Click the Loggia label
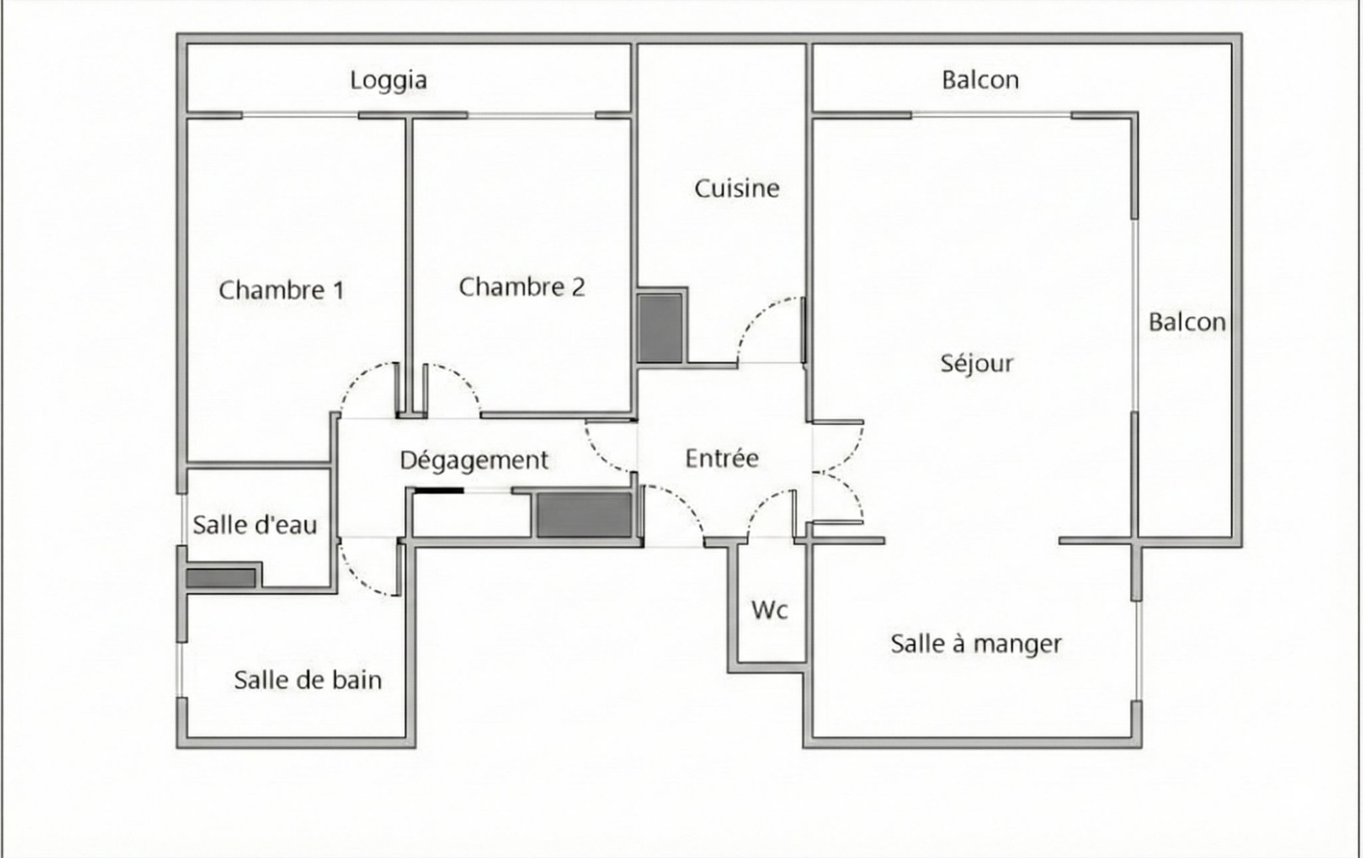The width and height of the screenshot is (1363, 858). tap(388, 81)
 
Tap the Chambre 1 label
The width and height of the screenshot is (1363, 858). tap(281, 291)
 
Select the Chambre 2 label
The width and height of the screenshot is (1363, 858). tap(521, 287)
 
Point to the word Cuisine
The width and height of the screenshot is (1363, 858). tap(737, 188)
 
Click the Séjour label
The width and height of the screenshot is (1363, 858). tap(976, 364)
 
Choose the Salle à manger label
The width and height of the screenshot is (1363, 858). tap(976, 644)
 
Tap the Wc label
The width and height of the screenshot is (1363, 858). tap(770, 610)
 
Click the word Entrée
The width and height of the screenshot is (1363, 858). tap(722, 458)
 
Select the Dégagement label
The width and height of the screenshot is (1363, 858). tap(474, 461)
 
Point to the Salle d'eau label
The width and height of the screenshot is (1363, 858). tap(255, 525)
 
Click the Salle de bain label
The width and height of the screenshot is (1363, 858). tap(308, 680)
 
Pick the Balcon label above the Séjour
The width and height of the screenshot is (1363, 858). tap(981, 80)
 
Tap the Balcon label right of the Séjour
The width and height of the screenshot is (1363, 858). tap(1187, 323)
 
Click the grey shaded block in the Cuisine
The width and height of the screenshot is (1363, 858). tap(660, 329)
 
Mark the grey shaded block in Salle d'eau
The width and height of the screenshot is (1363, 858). tap(221, 578)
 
